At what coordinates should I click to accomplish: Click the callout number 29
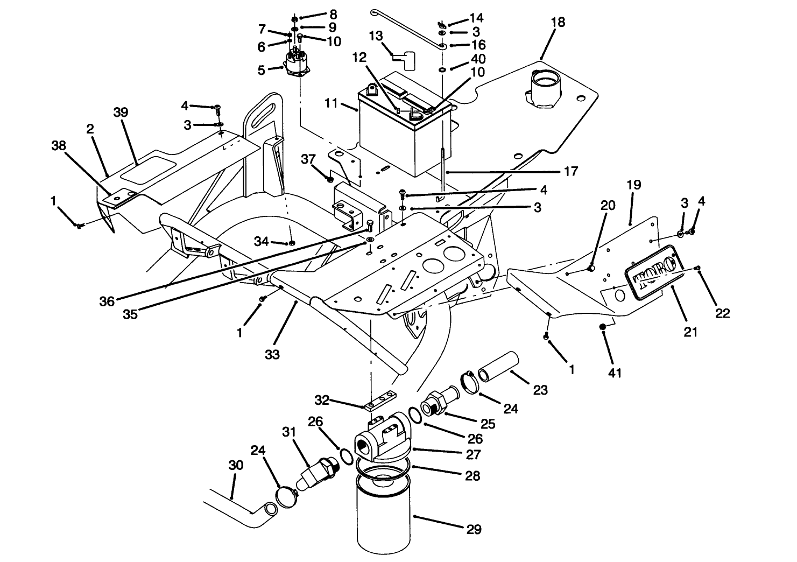pyautogui.click(x=474, y=529)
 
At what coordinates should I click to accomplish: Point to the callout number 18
pyautogui.click(x=558, y=22)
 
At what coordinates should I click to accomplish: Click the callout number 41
pyautogui.click(x=615, y=372)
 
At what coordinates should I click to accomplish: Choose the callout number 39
pyautogui.click(x=121, y=112)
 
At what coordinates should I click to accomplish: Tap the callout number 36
pyautogui.click(x=107, y=301)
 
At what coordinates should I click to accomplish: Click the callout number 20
pyautogui.click(x=608, y=205)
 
